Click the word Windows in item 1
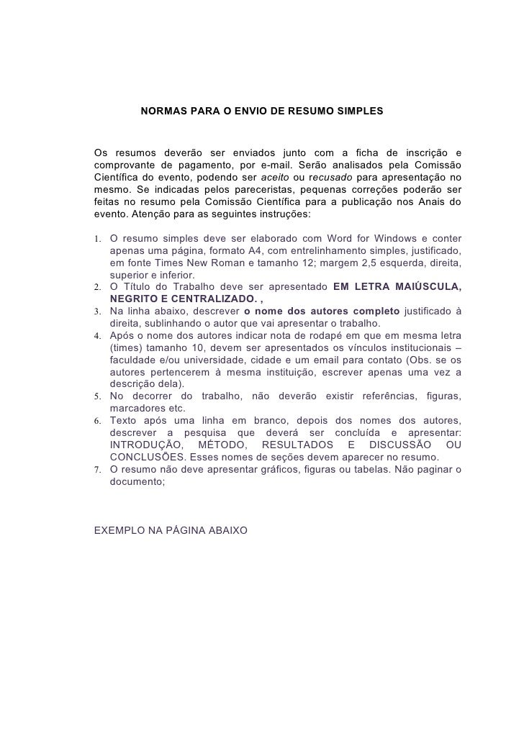point(392,239)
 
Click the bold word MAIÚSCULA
point(430,288)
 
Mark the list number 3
point(99,312)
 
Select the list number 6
point(99,421)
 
